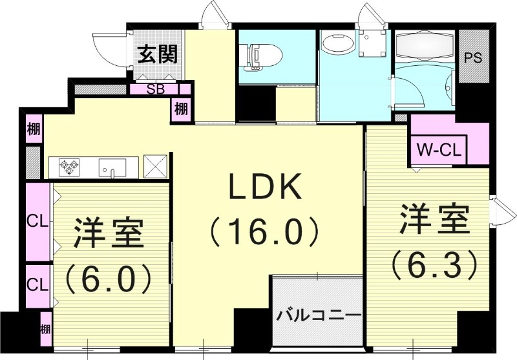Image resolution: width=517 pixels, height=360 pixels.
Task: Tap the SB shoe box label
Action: click(154, 89)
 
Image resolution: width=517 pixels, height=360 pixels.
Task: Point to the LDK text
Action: click(263, 188)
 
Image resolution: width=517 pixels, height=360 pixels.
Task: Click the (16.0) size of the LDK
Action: click(263, 229)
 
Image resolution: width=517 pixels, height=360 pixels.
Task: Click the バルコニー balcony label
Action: click(319, 317)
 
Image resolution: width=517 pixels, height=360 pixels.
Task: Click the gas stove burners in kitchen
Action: click(69, 167)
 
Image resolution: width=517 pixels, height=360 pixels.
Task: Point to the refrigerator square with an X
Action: click(156, 166)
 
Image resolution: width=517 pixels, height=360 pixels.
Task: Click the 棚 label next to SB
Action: click(181, 109)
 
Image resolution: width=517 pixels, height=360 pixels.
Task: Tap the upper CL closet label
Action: click(37, 222)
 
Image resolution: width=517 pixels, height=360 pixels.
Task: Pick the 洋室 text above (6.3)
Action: click(434, 221)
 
